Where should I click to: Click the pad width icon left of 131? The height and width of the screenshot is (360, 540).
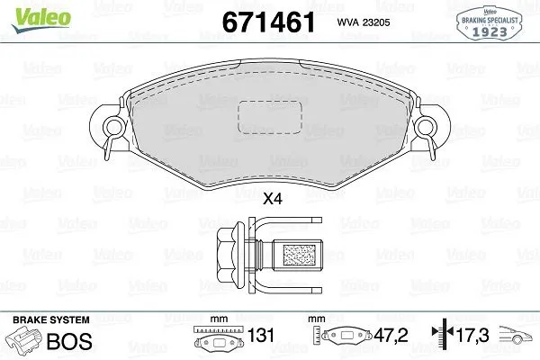point(216,340)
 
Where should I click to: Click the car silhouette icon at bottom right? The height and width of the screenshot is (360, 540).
point(517,339)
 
